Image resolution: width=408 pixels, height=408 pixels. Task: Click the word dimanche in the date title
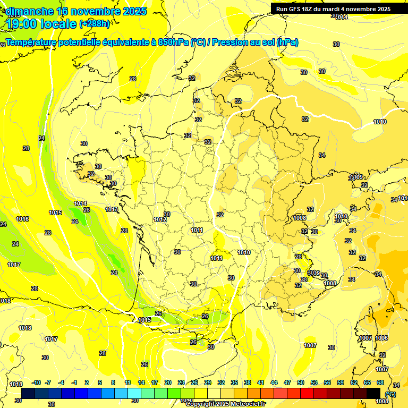point(29,11)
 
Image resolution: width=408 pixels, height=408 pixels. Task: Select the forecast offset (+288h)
point(95,24)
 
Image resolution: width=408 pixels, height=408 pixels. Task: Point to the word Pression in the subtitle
point(232,42)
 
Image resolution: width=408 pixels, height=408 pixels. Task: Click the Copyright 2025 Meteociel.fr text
point(225,404)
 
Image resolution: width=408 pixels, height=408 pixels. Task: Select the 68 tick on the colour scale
point(380,382)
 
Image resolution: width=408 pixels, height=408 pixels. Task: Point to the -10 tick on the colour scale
point(37,382)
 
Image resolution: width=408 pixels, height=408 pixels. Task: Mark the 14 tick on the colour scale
point(141,382)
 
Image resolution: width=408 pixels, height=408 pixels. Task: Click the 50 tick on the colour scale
point(301,382)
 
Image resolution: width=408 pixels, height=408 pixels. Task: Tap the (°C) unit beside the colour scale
point(390,394)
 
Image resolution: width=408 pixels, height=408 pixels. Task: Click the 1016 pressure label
point(22,219)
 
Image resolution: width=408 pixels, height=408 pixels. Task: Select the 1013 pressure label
point(112,209)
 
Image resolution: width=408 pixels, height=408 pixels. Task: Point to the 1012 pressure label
point(160,219)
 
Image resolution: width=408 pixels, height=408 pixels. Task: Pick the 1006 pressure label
point(381,338)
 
